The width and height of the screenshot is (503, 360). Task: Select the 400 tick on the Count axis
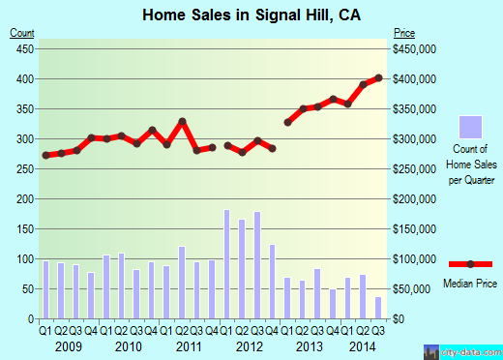tap(22, 78)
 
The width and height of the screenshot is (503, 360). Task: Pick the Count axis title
tap(21, 33)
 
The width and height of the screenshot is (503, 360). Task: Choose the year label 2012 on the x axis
tap(250, 346)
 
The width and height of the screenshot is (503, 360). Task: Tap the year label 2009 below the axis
tap(68, 346)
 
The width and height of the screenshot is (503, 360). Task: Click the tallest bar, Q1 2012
tap(227, 264)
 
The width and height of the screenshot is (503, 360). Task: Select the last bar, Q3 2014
tap(378, 308)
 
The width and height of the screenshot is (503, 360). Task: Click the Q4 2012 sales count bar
tap(273, 282)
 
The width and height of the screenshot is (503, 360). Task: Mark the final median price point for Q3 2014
tap(378, 77)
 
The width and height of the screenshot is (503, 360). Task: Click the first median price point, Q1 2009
tap(45, 155)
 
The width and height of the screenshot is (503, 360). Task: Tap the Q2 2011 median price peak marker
tap(182, 121)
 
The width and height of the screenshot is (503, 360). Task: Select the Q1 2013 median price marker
tap(288, 122)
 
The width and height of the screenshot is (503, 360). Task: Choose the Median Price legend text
tap(469, 283)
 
